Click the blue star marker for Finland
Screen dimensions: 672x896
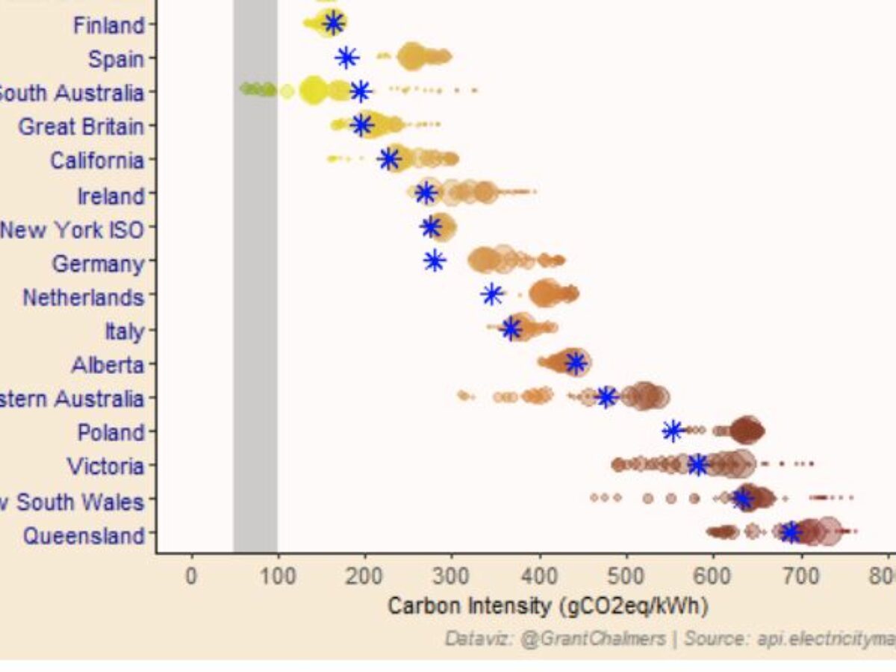333,23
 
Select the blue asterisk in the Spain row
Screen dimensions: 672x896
346,57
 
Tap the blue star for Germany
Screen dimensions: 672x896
434,261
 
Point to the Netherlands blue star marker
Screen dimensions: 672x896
491,294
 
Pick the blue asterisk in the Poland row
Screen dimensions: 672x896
672,431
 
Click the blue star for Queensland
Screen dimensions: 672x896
790,532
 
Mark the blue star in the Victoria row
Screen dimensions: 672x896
697,465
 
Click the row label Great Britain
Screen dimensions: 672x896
81,126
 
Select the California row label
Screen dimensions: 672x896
96,161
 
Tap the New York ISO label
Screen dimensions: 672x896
72,229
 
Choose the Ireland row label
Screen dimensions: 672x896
111,196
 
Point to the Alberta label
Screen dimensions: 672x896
108,365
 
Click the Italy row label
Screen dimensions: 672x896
124,331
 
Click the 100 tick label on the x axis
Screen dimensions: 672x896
278,579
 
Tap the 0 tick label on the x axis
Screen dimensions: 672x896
191,579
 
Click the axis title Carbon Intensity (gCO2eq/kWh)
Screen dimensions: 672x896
547,606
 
